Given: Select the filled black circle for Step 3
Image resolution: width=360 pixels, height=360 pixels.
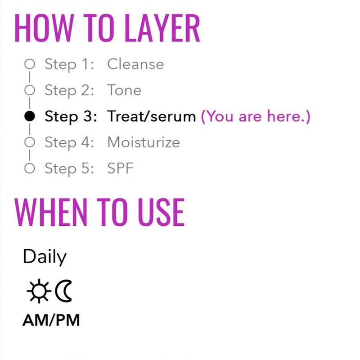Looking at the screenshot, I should (x=29, y=116).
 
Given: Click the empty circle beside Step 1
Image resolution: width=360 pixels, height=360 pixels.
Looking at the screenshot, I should (x=29, y=64).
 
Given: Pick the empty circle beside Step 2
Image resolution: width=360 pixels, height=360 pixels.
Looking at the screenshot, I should (x=29, y=90).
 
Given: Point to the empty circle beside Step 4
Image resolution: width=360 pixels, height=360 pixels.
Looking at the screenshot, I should (x=29, y=142).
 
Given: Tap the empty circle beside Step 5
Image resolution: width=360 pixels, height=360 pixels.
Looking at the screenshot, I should (x=29, y=169).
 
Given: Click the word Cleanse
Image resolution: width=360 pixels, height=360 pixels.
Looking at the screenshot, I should (x=135, y=64).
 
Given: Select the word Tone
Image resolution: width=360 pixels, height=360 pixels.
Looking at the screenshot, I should (x=124, y=90).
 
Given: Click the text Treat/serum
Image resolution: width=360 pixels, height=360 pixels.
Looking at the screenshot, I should (x=151, y=116).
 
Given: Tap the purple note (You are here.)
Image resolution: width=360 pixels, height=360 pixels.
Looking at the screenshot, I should (x=256, y=116).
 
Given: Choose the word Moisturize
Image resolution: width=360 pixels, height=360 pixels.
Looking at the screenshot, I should (x=144, y=142).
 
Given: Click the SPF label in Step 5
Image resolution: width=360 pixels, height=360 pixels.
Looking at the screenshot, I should (x=121, y=169).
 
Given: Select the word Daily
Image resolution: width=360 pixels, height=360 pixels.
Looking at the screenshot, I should (x=45, y=257).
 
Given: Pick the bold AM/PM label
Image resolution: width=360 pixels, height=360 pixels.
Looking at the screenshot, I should (x=51, y=320).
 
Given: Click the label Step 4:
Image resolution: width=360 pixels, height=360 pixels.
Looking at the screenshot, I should (x=69, y=142).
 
